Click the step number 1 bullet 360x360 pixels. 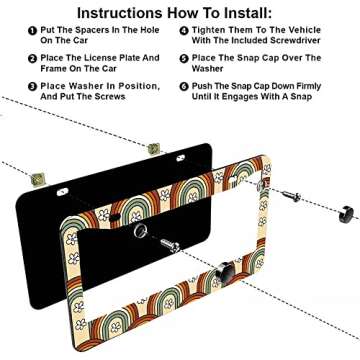tap(33, 32)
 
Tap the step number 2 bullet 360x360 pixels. tap(33, 60)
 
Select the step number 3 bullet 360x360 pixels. tap(33, 88)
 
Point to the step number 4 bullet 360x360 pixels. tap(184, 32)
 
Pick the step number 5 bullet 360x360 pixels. tap(184, 60)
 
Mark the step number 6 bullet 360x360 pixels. tap(184, 88)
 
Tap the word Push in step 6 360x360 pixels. tap(210, 87)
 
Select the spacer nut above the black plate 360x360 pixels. tap(154, 148)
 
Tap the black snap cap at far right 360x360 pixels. tap(346, 212)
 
